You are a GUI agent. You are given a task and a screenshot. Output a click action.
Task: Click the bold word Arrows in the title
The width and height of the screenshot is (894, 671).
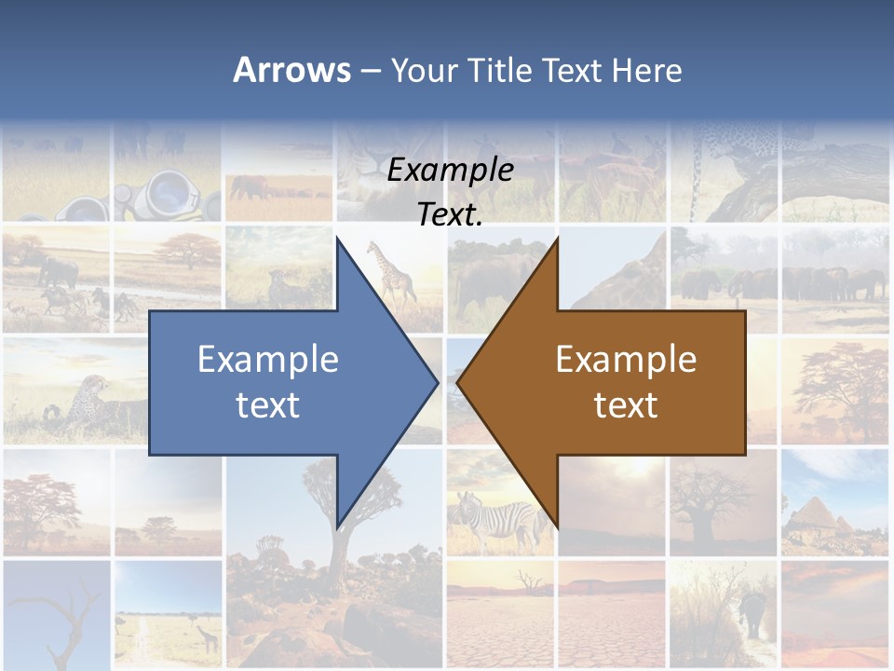tap(291, 70)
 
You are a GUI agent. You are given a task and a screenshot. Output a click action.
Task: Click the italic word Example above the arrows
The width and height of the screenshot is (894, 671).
tap(450, 171)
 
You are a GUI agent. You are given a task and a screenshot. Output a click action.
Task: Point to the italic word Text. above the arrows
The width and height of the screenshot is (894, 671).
tap(450, 215)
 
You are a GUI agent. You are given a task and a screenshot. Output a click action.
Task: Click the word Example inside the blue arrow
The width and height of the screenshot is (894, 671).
tap(268, 360)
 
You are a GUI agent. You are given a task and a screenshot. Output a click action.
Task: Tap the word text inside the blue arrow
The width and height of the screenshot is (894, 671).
tap(268, 404)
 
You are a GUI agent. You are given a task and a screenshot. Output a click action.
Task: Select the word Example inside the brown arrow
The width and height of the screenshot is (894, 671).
tap(626, 360)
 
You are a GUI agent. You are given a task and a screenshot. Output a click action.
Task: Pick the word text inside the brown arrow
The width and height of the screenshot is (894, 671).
tap(626, 404)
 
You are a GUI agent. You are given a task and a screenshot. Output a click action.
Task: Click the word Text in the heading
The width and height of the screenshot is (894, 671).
tap(572, 70)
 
